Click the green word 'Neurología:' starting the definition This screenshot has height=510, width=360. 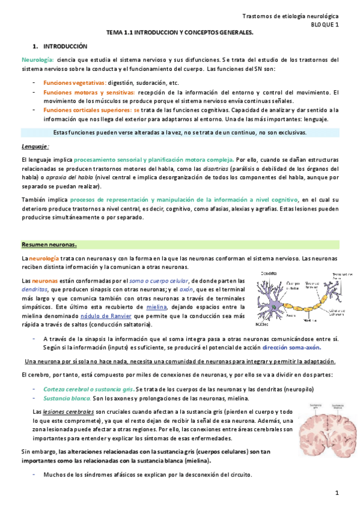point(37,60)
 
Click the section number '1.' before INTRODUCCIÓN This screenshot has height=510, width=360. point(35,46)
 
